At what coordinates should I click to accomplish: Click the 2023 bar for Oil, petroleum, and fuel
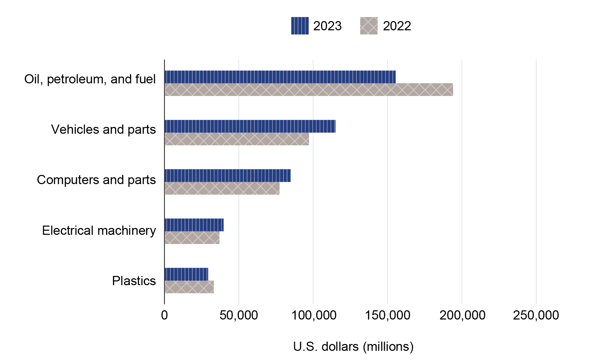pyautogui.click(x=280, y=77)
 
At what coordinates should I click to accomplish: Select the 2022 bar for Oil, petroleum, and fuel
pyautogui.click(x=309, y=89)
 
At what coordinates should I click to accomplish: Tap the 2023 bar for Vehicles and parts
pyautogui.click(x=250, y=126)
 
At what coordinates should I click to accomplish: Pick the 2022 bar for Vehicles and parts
pyautogui.click(x=236, y=139)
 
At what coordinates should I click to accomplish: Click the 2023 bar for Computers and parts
pyautogui.click(x=227, y=176)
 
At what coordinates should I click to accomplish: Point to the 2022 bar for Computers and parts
pyautogui.click(x=222, y=188)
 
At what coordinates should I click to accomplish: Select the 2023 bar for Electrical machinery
pyautogui.click(x=194, y=225)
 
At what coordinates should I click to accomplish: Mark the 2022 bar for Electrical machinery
pyautogui.click(x=192, y=238)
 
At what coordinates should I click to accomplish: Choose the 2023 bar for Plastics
pyautogui.click(x=186, y=274)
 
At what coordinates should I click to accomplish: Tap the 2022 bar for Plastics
pyautogui.click(x=189, y=287)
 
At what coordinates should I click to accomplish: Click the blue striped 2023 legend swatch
pyautogui.click(x=300, y=26)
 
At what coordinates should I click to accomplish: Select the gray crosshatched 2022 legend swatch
pyautogui.click(x=369, y=26)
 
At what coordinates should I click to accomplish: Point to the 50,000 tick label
pyautogui.click(x=238, y=315)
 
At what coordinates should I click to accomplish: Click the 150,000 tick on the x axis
pyautogui.click(x=387, y=315)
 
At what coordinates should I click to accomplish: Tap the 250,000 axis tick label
pyautogui.click(x=536, y=315)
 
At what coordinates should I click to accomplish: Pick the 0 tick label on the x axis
pyautogui.click(x=164, y=315)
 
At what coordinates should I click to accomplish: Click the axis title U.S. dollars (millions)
pyautogui.click(x=353, y=346)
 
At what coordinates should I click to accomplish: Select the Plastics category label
pyautogui.click(x=134, y=281)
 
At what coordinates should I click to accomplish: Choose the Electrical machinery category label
pyautogui.click(x=99, y=230)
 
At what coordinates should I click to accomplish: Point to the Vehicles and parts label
pyautogui.click(x=103, y=129)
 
